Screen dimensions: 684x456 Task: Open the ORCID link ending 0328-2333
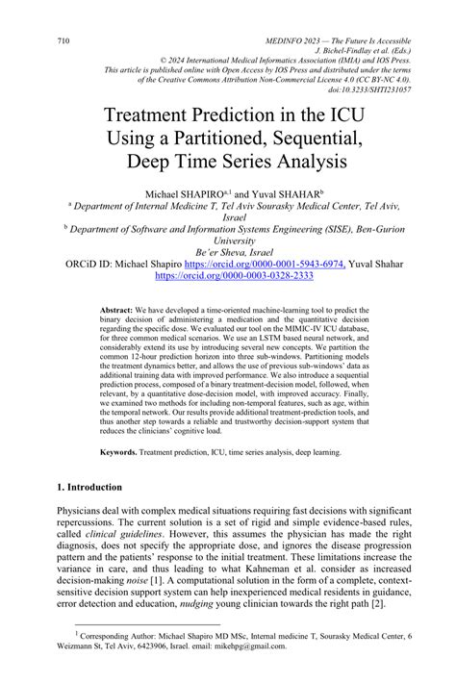tap(227, 274)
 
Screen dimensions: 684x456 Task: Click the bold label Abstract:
tap(117, 314)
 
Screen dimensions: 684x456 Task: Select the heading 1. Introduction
tap(95, 487)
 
